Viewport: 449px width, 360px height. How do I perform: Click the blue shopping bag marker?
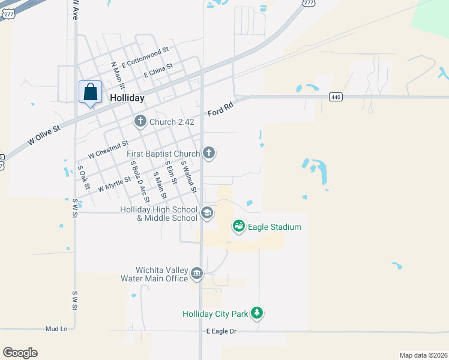point(90,92)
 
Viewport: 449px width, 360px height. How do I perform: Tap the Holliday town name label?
point(127,98)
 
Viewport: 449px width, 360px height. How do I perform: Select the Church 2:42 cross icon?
point(140,122)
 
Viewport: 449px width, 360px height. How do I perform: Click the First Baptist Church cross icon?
point(209,154)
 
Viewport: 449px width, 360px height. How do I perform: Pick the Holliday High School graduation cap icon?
point(206,213)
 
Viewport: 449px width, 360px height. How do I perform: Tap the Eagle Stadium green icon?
point(239,227)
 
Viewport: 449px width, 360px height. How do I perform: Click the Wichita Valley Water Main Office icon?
point(197,274)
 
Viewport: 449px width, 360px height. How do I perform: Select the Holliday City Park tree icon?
point(257,313)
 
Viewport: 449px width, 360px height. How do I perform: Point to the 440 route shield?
point(335,97)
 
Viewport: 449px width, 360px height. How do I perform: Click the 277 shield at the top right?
point(309,3)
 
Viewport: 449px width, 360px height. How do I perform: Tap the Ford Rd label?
point(219,109)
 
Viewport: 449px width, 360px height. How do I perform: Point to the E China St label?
point(158,71)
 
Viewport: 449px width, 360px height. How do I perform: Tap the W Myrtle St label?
point(114,184)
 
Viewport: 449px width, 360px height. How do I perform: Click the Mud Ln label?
point(56,329)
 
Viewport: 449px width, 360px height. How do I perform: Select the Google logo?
point(20,353)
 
